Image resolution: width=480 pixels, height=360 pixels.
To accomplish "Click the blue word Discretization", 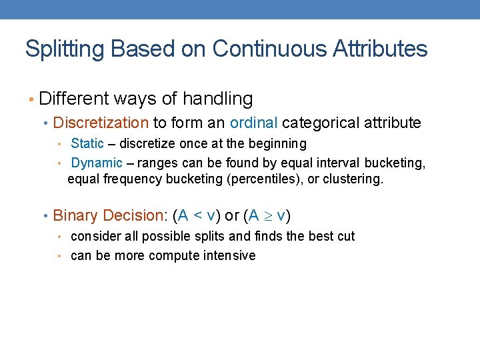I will pyautogui.click(x=101, y=123).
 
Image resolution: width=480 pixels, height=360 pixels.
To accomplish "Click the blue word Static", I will pyautogui.click(x=87, y=143).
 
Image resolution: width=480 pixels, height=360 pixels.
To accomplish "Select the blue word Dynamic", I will pyautogui.click(x=97, y=163).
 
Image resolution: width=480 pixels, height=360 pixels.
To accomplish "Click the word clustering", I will pyautogui.click(x=354, y=179).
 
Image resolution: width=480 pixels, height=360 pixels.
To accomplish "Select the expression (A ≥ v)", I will pyautogui.click(x=267, y=215).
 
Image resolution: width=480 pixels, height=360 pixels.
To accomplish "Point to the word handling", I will pyautogui.click(x=217, y=99).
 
